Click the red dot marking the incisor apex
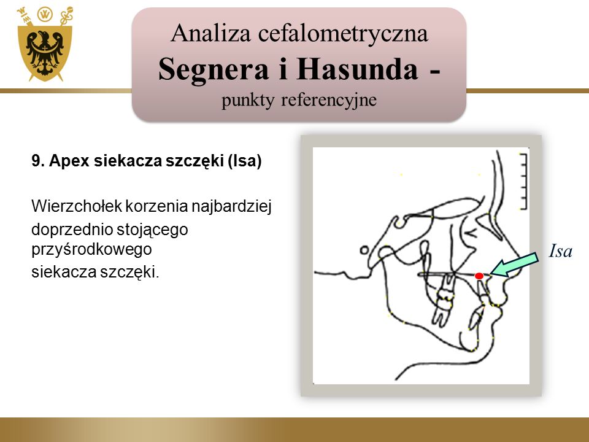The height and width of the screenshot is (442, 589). coord(479,276)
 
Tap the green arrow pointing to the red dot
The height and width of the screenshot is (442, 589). coord(514,265)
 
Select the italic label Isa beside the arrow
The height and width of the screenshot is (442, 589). coord(560,251)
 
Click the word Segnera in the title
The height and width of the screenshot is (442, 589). coord(214,69)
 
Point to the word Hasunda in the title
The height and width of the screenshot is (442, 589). coord(357,69)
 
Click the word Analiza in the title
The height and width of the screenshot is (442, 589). coord(210,33)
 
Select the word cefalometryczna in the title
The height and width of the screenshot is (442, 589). coord(343,34)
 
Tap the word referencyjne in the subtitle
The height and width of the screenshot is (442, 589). coord(329,100)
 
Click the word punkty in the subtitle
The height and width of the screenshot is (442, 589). coord(247,101)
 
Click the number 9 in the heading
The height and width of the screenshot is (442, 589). coord(36,161)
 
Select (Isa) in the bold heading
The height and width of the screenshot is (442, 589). coord(245,161)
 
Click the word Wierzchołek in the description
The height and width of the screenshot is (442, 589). coord(76,206)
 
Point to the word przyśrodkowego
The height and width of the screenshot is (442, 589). coord(91,250)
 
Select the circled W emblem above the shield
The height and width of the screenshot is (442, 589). coord(45,14)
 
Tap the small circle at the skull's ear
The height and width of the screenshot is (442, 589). coord(364,250)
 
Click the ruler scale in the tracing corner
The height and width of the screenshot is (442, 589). coord(523,181)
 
